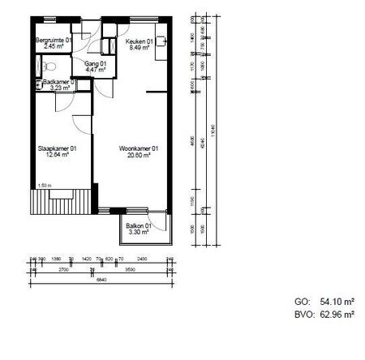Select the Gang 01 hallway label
click(x=85, y=63)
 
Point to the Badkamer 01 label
click(x=58, y=82)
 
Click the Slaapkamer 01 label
click(x=58, y=148)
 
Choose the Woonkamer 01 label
click(x=138, y=148)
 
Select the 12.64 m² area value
click(x=55, y=156)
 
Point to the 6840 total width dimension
click(x=103, y=280)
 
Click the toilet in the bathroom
click(x=39, y=84)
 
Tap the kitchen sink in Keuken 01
click(x=161, y=38)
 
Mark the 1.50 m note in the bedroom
click(x=45, y=186)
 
